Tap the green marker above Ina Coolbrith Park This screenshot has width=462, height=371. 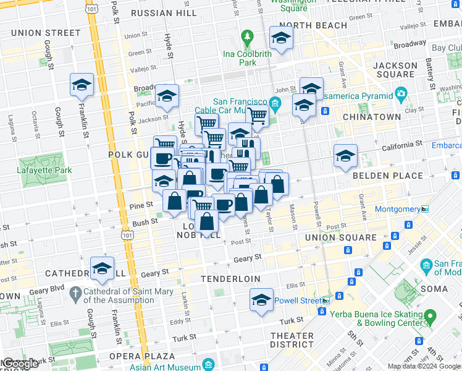coord(247,37)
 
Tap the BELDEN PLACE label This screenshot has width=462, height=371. coord(387,176)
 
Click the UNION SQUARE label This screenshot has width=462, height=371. coord(349,237)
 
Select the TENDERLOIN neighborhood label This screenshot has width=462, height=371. coord(228,279)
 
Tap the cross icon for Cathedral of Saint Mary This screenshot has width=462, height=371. coord(75,291)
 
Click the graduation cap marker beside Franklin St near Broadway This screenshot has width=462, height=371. coord(82,85)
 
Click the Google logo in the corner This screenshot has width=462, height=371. coord(20,364)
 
